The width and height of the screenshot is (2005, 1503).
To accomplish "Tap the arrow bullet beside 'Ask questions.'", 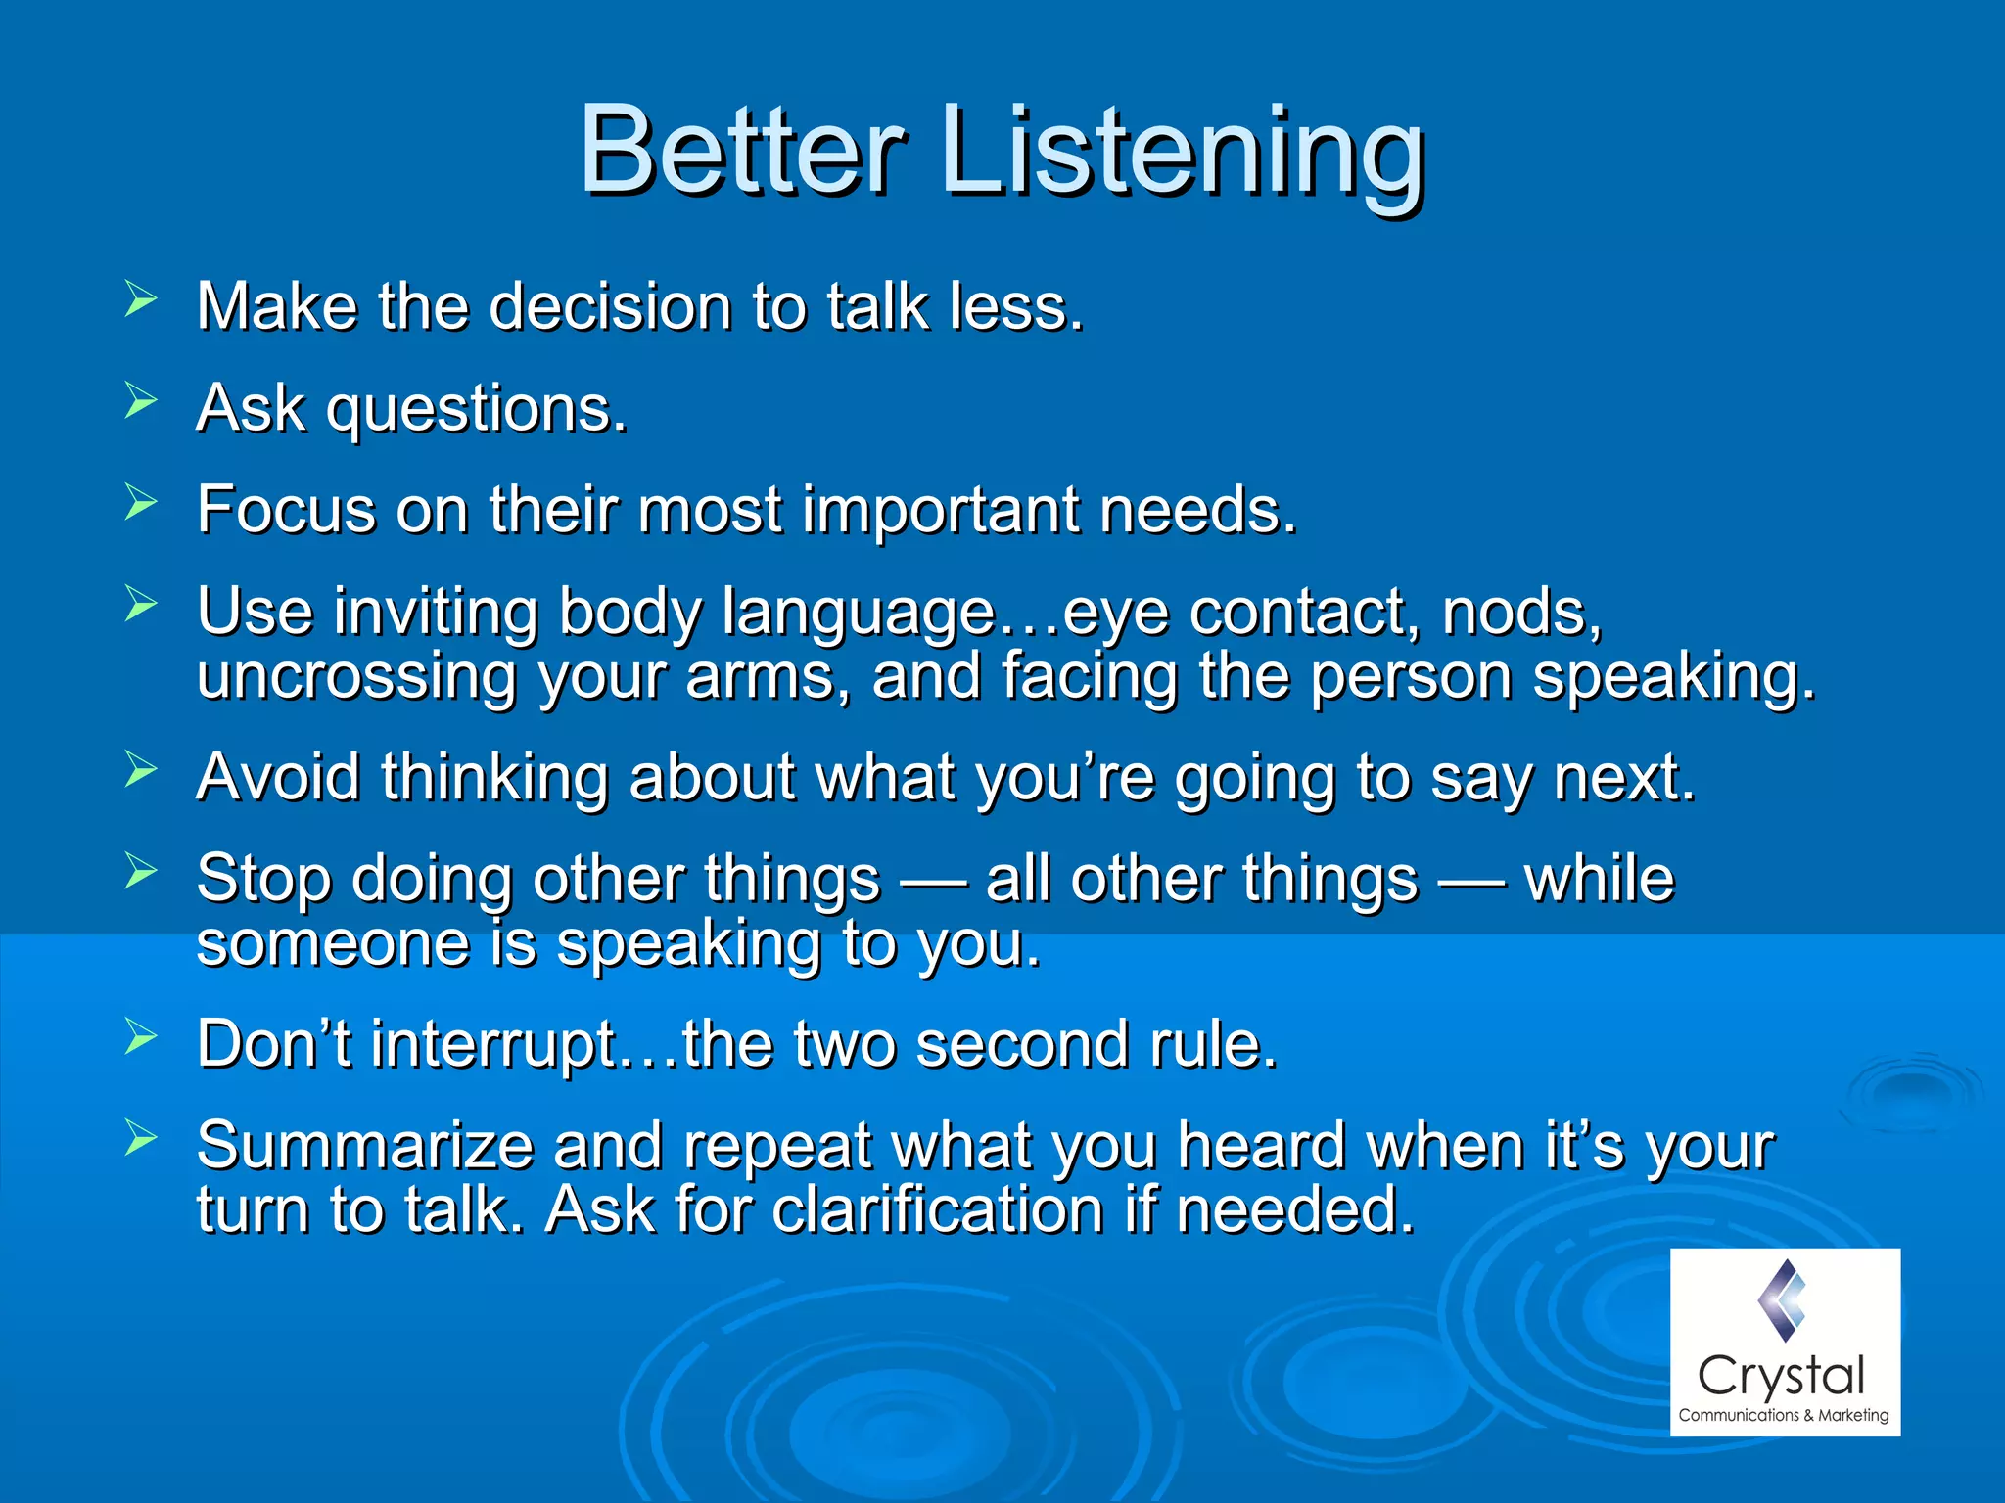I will [x=141, y=401].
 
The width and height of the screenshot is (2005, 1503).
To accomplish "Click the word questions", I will [x=476, y=411].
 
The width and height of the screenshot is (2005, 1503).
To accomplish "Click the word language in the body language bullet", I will [x=859, y=615].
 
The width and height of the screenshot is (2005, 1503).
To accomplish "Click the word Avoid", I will [x=278, y=777].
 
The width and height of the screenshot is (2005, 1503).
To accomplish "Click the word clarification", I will [x=939, y=1210].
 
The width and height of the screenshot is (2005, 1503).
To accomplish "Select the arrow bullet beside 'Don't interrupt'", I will [x=141, y=1036].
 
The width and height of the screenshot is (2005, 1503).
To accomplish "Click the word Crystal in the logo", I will [x=1781, y=1377].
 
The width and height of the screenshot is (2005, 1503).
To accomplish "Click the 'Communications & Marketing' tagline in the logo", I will [x=1783, y=1415].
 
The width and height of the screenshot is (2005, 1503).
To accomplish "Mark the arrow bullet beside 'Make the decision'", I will [x=141, y=299].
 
